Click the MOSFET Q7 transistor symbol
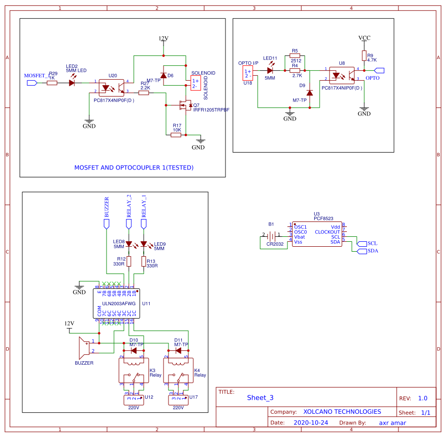pos(185,105)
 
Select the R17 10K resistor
pos(176,134)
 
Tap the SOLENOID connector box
pos(196,83)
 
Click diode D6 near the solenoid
pos(164,75)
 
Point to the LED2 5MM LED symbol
pos(72,83)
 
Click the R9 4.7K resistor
pos(364,55)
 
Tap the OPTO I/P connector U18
pos(248,73)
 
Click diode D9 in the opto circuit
pos(310,92)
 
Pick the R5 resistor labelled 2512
pos(295,55)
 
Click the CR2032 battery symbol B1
pos(272,235)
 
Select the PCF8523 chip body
pos(317,234)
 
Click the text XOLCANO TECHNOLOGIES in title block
pos(342,412)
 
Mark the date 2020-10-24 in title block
pos(311,423)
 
